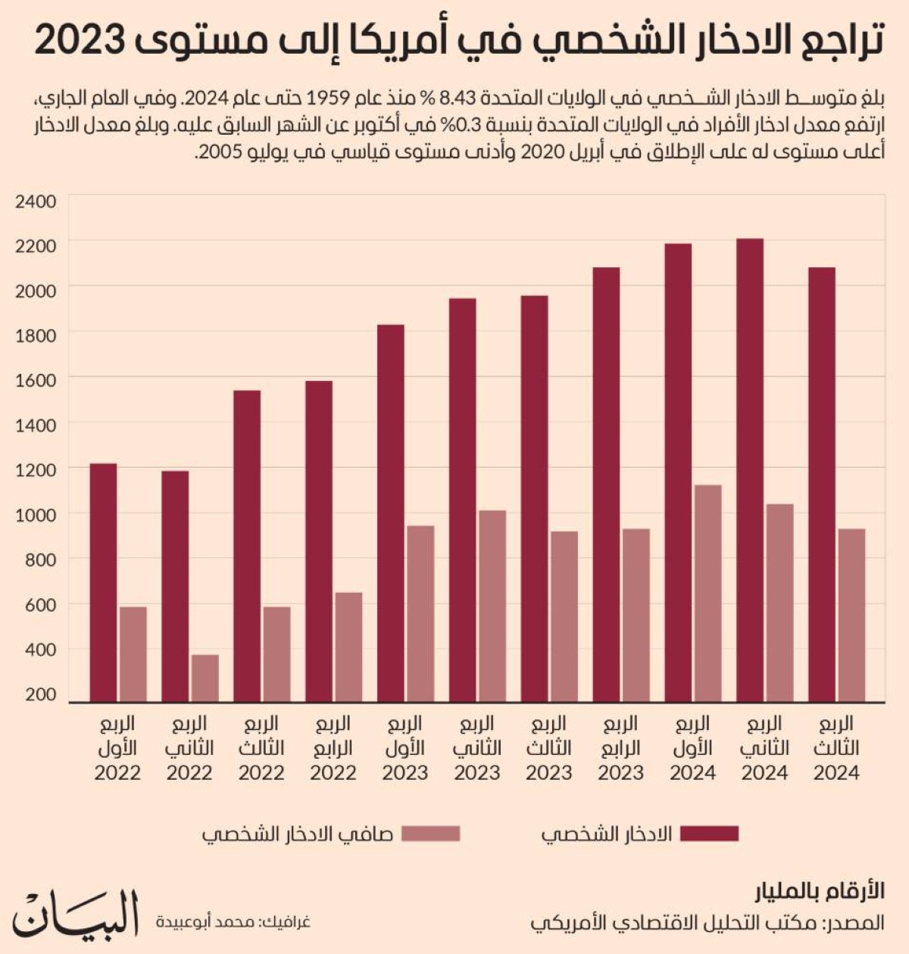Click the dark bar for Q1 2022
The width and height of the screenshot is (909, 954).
point(104,583)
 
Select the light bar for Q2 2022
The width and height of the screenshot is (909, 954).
point(205,678)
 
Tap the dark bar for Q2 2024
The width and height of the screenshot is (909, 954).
point(750,470)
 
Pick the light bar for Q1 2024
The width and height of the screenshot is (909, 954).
point(708,594)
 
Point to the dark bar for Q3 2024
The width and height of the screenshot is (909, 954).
point(822,485)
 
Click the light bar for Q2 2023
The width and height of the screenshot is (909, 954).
point(492,606)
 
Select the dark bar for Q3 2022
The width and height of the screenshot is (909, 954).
point(247,547)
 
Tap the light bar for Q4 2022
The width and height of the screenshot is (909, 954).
point(348,647)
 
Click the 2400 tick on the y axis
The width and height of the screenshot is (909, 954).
point(36,201)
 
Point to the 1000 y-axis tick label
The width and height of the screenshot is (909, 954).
point(36,514)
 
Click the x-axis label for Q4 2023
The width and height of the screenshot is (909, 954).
point(620,748)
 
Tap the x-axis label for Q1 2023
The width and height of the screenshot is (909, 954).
point(405,748)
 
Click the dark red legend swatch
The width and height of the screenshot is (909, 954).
point(710,834)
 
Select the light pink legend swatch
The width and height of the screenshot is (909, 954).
point(431,834)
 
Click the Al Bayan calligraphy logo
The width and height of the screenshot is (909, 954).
point(76,914)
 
